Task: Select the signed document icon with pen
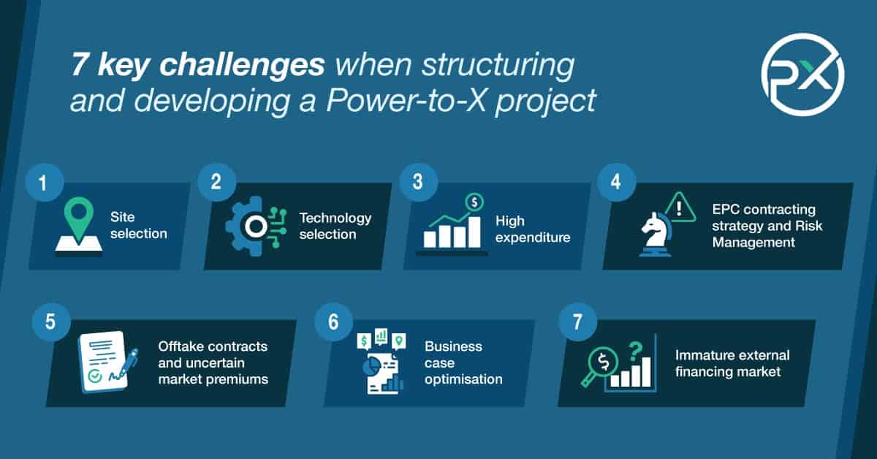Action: pyautogui.click(x=104, y=361)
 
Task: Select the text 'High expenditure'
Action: pyautogui.click(x=532, y=229)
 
